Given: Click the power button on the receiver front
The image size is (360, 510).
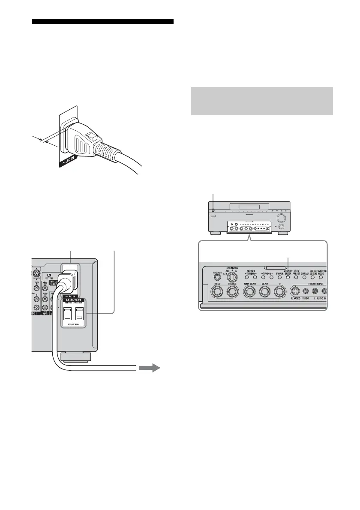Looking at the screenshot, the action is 213,210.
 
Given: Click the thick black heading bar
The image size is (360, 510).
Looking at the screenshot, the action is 103,22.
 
